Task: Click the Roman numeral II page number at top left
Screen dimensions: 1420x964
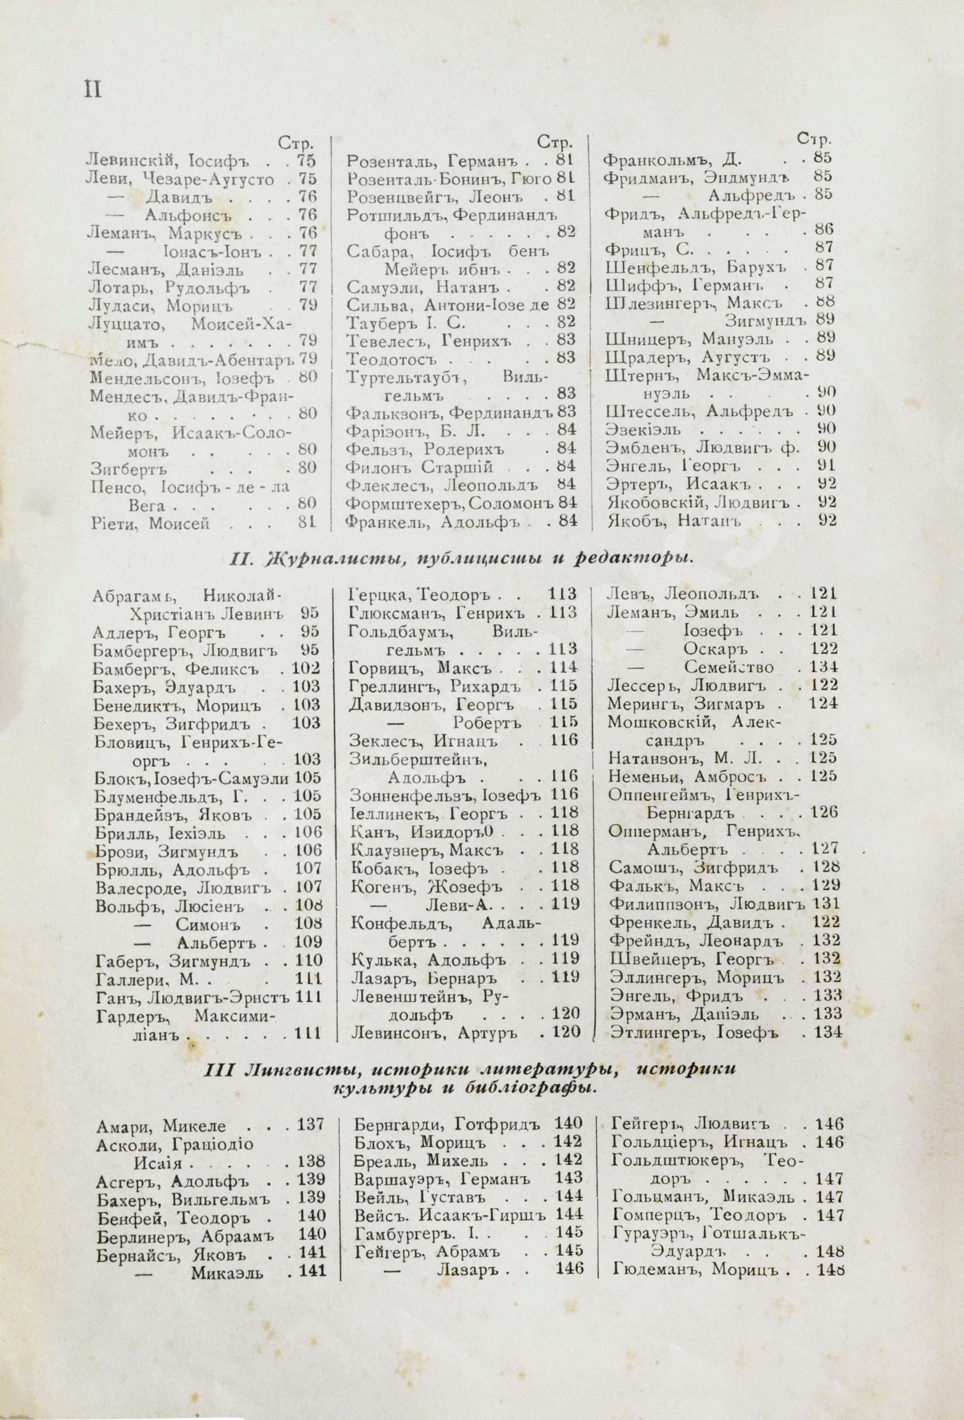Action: [x=92, y=90]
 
